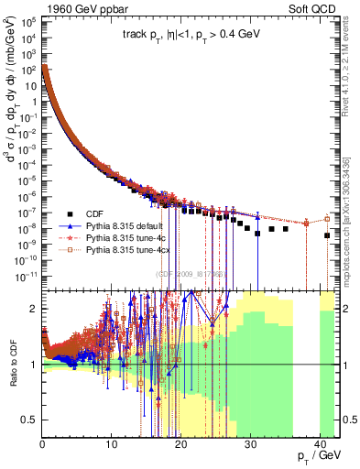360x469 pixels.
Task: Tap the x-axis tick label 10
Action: [x=112, y=444]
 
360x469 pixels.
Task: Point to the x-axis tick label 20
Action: [x=180, y=444]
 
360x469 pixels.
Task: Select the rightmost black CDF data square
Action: [x=327, y=235]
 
